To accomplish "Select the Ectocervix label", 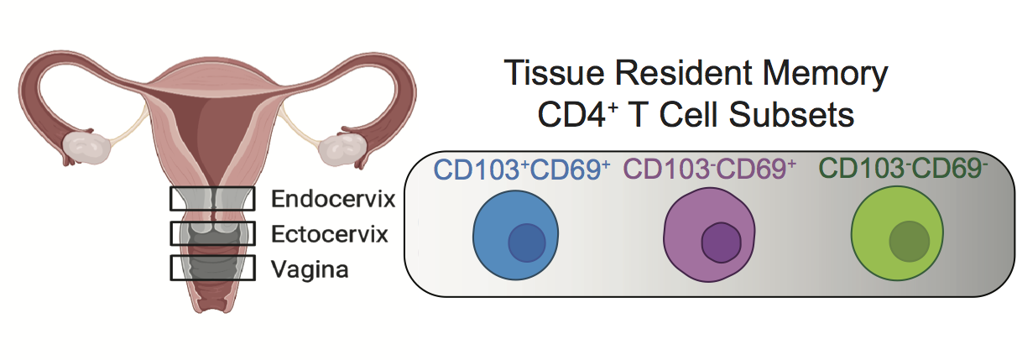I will [x=330, y=234].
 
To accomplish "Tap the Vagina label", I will [x=310, y=269].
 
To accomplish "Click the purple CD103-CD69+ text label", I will [x=709, y=170].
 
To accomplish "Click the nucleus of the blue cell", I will [x=527, y=243].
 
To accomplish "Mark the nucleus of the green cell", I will [x=909, y=242].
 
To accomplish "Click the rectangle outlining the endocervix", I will [x=212, y=198].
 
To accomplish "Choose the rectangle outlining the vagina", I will [x=212, y=268].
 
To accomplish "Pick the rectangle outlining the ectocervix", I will [x=212, y=233].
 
